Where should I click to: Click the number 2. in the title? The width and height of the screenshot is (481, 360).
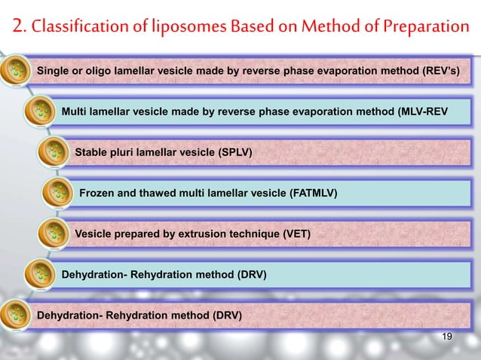(20, 28)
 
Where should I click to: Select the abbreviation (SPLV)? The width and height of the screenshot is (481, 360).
(234, 153)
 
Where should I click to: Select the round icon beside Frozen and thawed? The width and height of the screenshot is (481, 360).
(56, 194)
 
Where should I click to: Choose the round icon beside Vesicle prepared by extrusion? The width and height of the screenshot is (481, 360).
(51, 234)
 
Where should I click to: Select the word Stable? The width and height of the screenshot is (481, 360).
(91, 153)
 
